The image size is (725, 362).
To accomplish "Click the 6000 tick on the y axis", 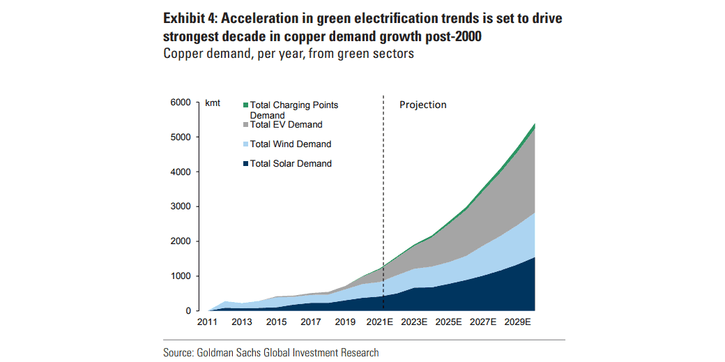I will (181, 103).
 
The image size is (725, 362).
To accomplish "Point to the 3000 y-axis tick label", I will (181, 206).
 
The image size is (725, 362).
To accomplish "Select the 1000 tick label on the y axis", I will (181, 276).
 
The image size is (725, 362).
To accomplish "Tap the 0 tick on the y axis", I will (188, 311).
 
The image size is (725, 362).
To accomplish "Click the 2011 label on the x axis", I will (208, 323).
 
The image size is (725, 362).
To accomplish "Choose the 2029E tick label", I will (518, 323).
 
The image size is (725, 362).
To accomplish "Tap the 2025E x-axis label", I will (450, 323).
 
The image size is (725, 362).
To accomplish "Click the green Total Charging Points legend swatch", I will (245, 105).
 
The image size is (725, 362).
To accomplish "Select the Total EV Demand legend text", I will (286, 125).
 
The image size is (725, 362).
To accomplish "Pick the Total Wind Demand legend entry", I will (290, 144).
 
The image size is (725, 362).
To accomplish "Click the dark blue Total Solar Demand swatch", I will (245, 164).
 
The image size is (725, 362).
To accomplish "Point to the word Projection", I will (422, 105).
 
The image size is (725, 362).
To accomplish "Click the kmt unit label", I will (213, 103).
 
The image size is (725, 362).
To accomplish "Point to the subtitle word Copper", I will (183, 54).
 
